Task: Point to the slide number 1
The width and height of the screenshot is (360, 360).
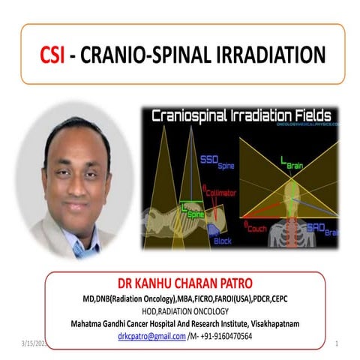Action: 337,343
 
